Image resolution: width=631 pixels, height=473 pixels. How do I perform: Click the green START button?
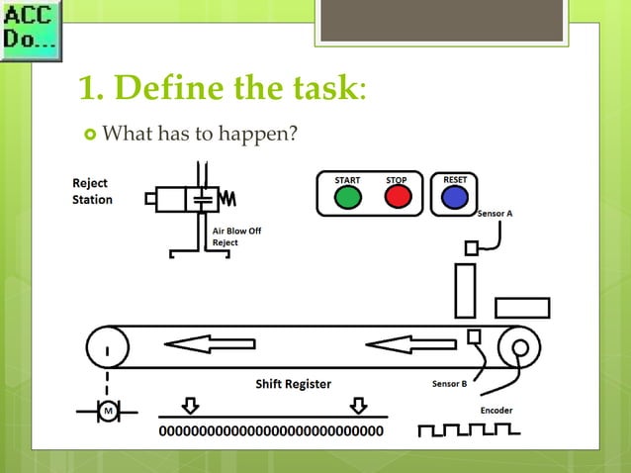tap(348, 197)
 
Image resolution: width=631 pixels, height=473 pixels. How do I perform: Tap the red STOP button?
tap(398, 197)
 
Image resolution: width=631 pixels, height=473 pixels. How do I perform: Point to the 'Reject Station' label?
tap(92, 191)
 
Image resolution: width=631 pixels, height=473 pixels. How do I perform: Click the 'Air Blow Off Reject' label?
tap(237, 236)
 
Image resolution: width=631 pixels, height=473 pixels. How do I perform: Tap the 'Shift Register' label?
tap(294, 384)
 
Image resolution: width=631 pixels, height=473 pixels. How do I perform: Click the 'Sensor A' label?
tap(496, 213)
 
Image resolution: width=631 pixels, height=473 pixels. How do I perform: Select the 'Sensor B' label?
tap(450, 384)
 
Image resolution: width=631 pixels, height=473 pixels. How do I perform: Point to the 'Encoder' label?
tap(496, 409)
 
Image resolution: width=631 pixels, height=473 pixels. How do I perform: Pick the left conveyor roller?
tap(106, 347)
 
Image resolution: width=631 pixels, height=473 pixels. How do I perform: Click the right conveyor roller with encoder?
tap(517, 347)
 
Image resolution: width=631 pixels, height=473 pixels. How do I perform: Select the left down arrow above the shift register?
tap(191, 406)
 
